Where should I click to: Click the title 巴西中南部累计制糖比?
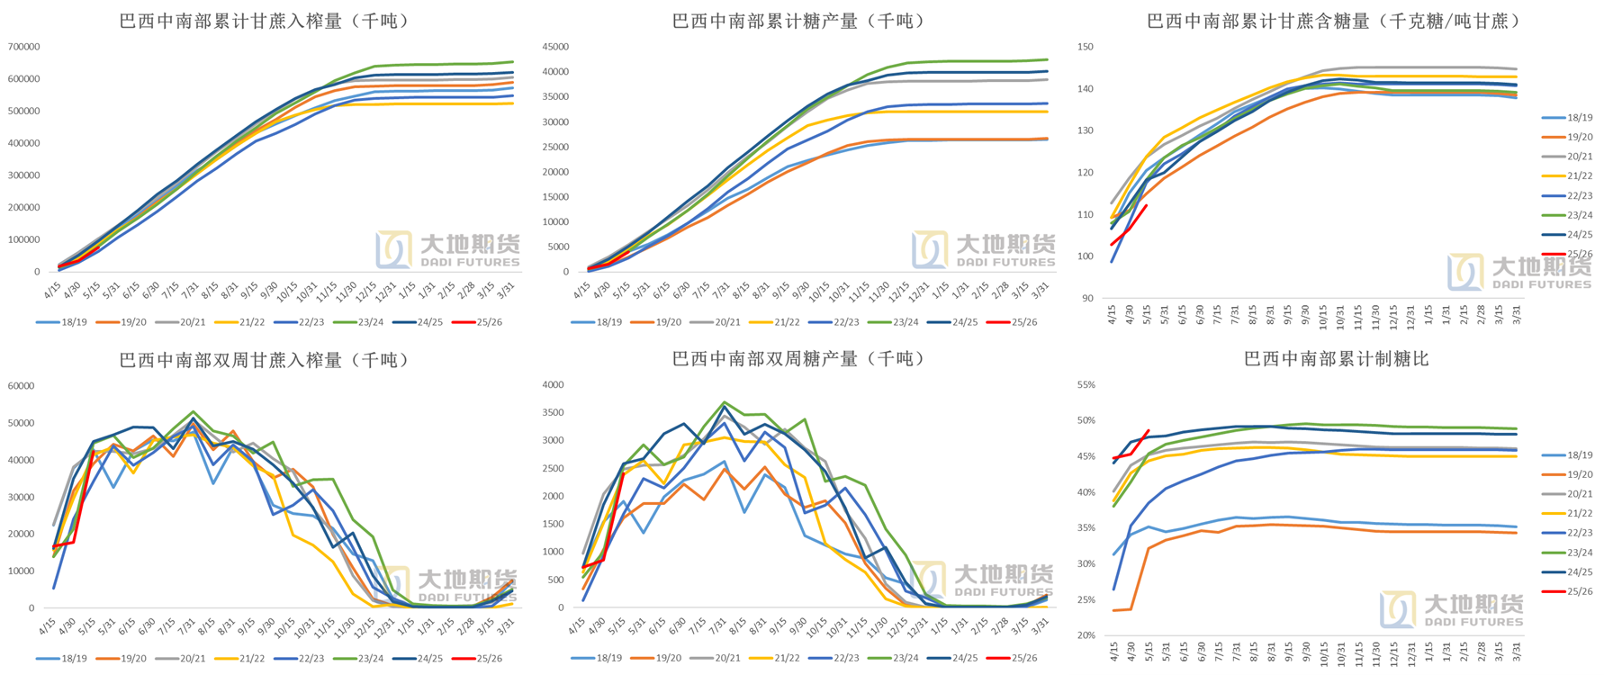coord(1337,359)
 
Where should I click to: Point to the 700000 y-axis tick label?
coord(23,47)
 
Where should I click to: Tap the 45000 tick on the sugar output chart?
coord(555,47)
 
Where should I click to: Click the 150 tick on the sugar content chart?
coord(1086,47)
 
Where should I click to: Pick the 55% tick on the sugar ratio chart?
coord(1086,385)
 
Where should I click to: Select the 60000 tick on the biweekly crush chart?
coord(21,386)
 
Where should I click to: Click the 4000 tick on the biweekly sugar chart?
coord(553,385)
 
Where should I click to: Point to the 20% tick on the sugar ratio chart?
coord(1086,635)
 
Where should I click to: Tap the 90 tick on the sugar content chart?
coord(1087,299)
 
